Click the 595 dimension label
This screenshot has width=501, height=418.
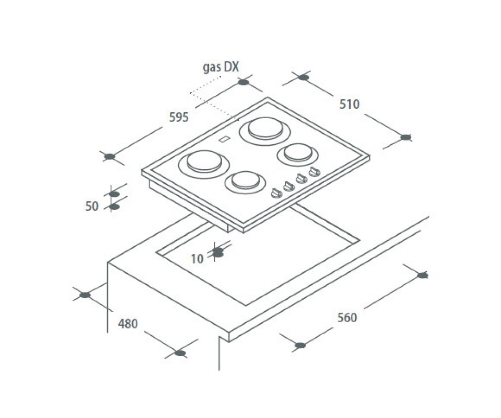[x=179, y=117]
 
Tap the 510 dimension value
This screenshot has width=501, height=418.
[x=349, y=104]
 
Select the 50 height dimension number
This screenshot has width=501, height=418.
[x=92, y=206]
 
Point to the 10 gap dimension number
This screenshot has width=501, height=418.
[x=197, y=259]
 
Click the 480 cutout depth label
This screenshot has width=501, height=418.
[x=128, y=324]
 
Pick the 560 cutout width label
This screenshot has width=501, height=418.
[x=347, y=318]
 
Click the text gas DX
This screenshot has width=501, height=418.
[x=221, y=67]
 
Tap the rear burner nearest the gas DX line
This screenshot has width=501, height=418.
[x=265, y=131]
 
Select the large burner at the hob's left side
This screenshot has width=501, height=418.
[x=204, y=164]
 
